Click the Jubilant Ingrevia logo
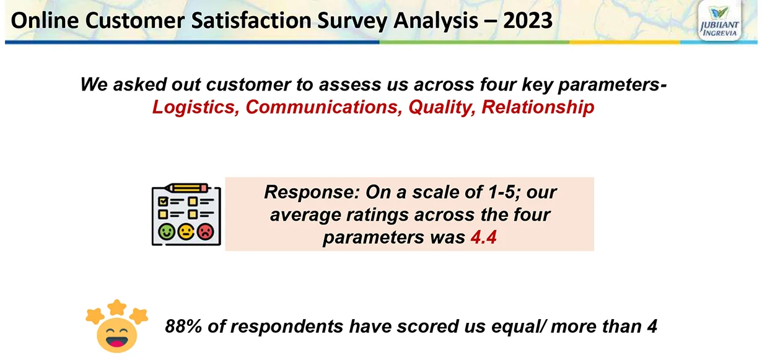pyautogui.click(x=719, y=22)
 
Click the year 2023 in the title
pyautogui.click(x=528, y=20)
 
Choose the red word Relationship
pyautogui.click(x=538, y=108)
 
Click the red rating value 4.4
pyautogui.click(x=483, y=237)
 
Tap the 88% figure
pyautogui.click(x=183, y=326)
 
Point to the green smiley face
pyautogui.click(x=167, y=232)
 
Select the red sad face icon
pyautogui.click(x=206, y=232)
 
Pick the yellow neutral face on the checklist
pyautogui.click(x=186, y=232)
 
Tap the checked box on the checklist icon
pyautogui.click(x=163, y=201)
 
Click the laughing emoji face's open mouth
pyautogui.click(x=116, y=341)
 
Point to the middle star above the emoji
pyautogui.click(x=117, y=307)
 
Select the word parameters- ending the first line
pyautogui.click(x=612, y=85)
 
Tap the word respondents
pyautogui.click(x=288, y=327)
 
